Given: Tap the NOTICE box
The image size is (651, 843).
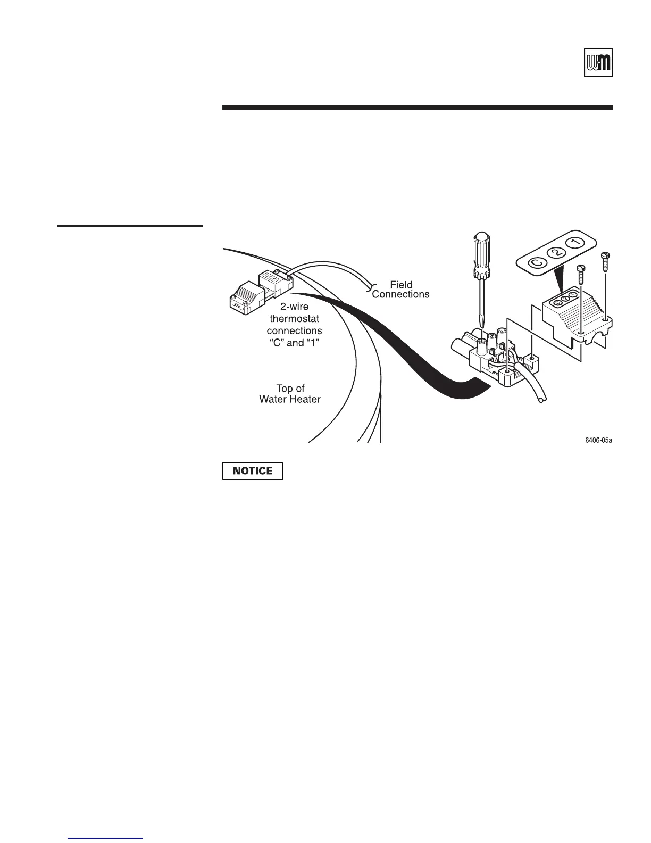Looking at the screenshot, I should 252,471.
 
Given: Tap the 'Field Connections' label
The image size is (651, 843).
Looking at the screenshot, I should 400,290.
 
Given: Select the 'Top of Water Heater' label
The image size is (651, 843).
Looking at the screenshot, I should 290,394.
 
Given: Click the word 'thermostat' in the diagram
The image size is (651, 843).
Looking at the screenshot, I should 294,319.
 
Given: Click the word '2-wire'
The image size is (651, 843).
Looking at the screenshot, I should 294,307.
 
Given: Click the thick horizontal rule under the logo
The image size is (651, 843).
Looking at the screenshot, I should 417,108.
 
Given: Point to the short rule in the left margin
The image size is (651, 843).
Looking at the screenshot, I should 130,226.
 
